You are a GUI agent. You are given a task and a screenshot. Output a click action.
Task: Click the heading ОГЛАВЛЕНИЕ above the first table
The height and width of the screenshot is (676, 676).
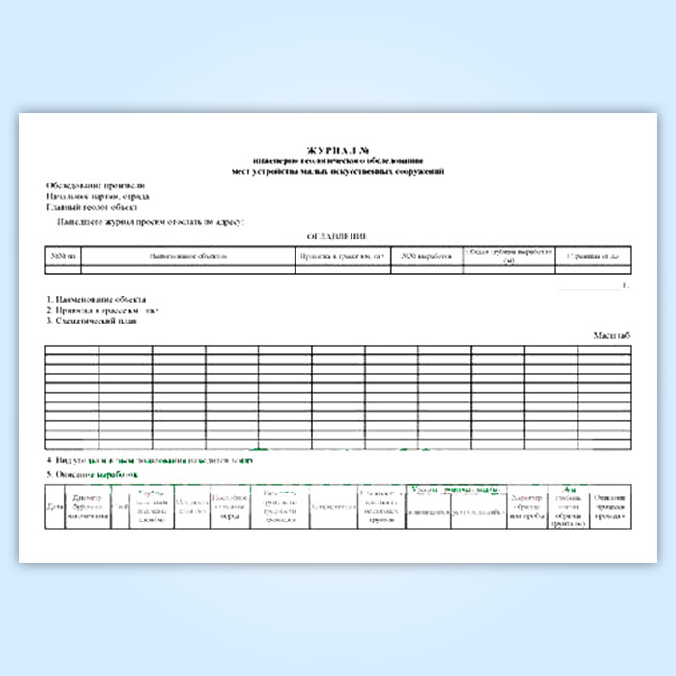(x=337, y=237)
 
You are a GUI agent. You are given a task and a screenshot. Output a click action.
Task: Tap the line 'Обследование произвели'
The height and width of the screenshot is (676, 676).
(x=96, y=184)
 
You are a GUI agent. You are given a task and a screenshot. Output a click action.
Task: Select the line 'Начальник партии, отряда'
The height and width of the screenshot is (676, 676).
(x=98, y=195)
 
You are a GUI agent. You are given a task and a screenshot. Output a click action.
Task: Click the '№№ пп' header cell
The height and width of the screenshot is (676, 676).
(x=63, y=256)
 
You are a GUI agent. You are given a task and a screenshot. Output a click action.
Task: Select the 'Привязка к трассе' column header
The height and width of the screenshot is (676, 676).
(x=343, y=256)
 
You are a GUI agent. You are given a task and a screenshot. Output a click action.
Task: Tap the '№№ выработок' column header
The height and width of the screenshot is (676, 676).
(x=426, y=256)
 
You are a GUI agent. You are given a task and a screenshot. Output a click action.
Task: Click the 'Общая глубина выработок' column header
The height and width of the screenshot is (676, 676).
(x=508, y=256)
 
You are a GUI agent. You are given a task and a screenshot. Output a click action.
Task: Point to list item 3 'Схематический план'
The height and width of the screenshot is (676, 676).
(x=93, y=322)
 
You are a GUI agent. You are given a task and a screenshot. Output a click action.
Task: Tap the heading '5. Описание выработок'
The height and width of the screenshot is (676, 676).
(x=93, y=476)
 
